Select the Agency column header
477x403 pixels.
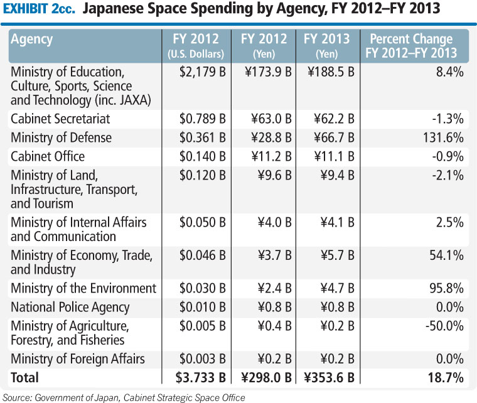point(32,39)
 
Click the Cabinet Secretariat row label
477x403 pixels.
point(60,119)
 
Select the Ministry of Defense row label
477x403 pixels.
point(61,137)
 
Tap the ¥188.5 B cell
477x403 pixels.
point(331,72)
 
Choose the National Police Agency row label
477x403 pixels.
point(70,307)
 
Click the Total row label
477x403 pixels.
point(24,377)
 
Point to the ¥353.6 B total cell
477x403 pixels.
point(330,377)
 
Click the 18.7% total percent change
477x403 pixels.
point(444,377)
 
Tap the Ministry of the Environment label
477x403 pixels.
point(83,288)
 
